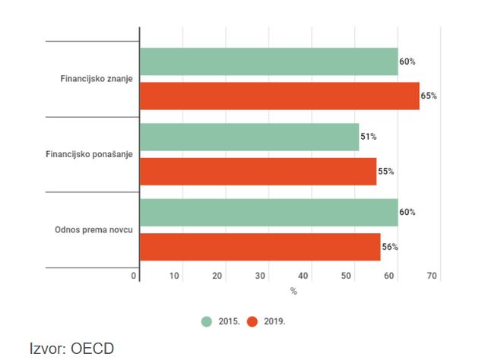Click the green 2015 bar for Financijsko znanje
[x=268, y=62]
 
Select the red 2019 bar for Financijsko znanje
[x=279, y=96]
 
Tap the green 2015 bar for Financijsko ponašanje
[x=249, y=137]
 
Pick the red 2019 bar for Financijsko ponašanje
[x=258, y=171]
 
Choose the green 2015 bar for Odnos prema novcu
[x=268, y=213]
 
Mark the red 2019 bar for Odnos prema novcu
[x=260, y=247]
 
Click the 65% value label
[x=430, y=96]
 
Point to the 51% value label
[x=369, y=137]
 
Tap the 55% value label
[x=386, y=172]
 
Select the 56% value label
[x=390, y=247]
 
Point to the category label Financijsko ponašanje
[x=90, y=154]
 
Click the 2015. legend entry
[x=222, y=321]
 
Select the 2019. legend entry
[x=267, y=321]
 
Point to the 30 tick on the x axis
[x=261, y=276]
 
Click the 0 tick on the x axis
[x=134, y=276]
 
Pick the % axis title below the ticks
[x=293, y=291]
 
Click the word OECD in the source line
[x=94, y=349]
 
